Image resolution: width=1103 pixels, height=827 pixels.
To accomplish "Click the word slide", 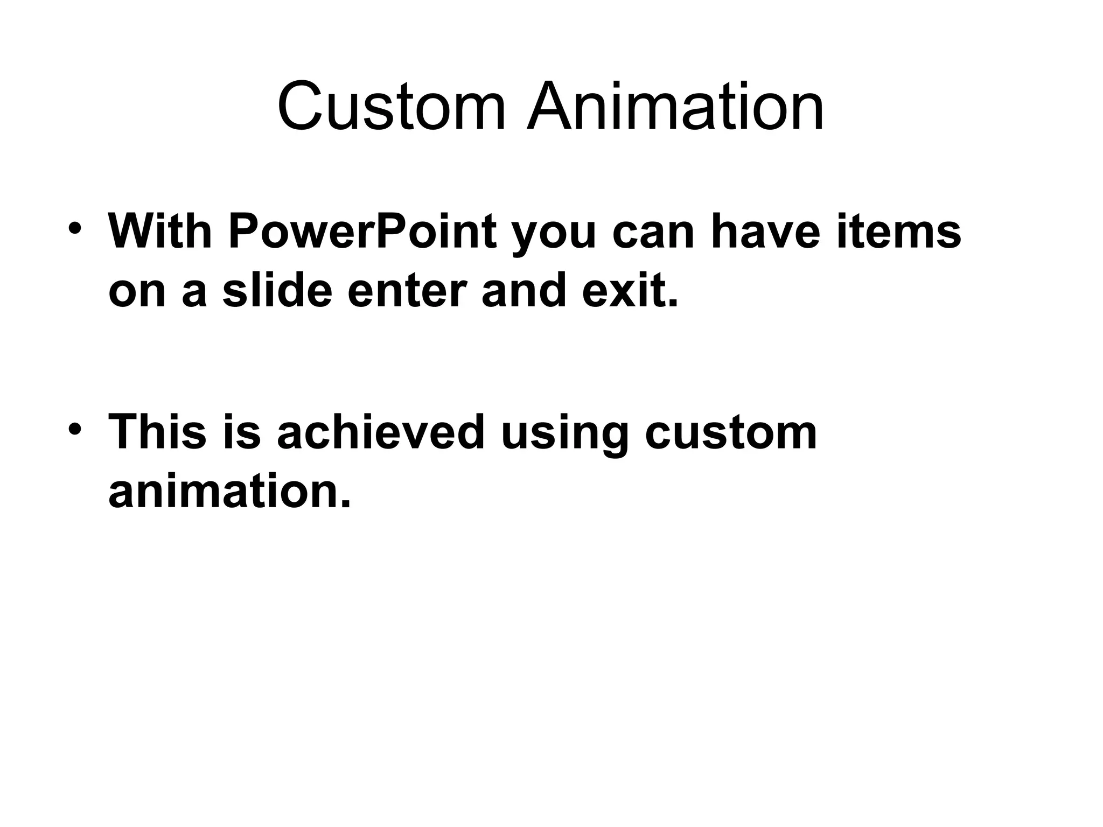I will pyautogui.click(x=277, y=291).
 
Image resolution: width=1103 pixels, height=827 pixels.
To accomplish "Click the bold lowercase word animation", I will pyautogui.click(x=229, y=492).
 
